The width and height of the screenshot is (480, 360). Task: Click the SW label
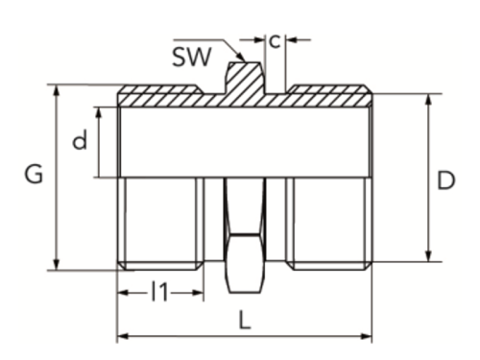click(193, 55)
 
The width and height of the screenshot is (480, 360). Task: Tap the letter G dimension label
click(34, 176)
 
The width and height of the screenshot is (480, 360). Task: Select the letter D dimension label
click(445, 180)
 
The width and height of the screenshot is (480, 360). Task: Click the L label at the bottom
click(245, 323)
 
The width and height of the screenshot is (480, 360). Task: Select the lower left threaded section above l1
click(159, 223)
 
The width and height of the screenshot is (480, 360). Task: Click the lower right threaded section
click(329, 223)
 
